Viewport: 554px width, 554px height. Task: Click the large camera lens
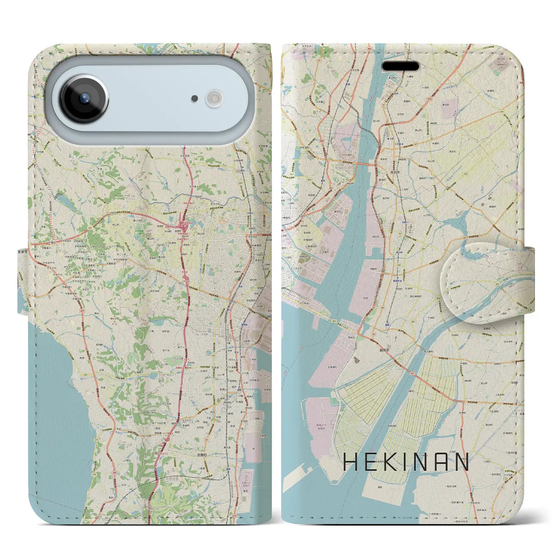[x=84, y=99]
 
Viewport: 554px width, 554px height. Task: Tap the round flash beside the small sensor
[x=213, y=98]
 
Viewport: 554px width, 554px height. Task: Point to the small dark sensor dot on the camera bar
[x=195, y=99]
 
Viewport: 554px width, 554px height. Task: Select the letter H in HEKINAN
[x=350, y=462]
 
